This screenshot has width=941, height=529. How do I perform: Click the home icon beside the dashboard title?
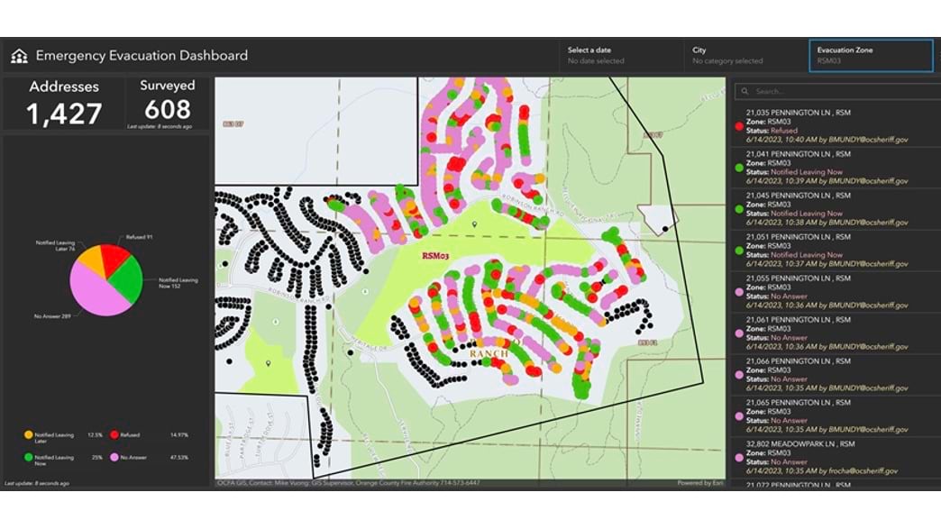tap(19, 57)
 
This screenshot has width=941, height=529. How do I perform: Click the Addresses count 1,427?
tap(63, 114)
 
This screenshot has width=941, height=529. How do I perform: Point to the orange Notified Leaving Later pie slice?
tap(87, 262)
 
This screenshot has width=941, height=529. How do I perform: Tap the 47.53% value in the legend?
tap(179, 458)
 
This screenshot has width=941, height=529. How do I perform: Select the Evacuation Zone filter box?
tap(870, 56)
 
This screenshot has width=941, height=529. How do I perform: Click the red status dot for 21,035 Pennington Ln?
tap(739, 125)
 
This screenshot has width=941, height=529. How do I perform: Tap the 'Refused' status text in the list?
tap(784, 132)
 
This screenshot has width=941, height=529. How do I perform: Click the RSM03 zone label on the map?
tap(435, 256)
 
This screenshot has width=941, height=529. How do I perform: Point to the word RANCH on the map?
tap(489, 354)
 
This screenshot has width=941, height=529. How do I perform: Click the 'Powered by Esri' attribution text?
tap(700, 483)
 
